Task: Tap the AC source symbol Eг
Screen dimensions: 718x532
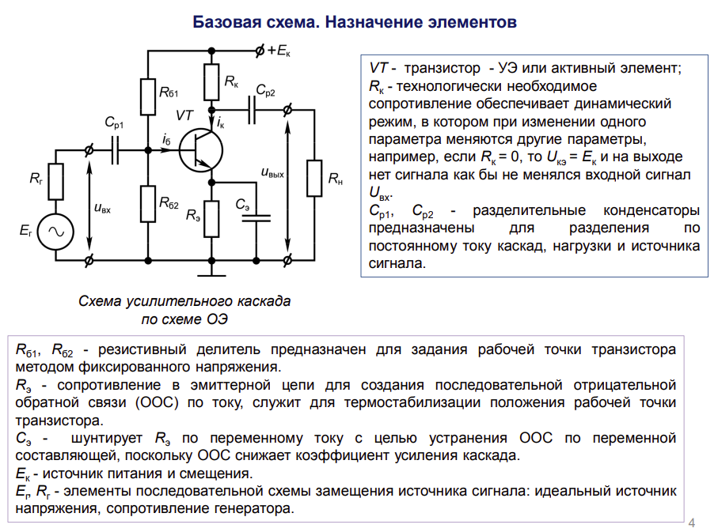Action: point(55,232)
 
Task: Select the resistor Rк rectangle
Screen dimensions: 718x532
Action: point(211,82)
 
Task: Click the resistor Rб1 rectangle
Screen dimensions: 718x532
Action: point(148,96)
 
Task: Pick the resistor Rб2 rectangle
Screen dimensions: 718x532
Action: point(148,204)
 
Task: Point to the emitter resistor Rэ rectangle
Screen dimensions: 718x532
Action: point(211,219)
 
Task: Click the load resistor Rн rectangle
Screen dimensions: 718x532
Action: point(314,179)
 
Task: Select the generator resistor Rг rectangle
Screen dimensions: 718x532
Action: point(55,182)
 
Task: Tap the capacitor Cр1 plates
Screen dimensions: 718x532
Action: point(115,150)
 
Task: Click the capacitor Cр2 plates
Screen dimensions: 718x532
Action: point(252,110)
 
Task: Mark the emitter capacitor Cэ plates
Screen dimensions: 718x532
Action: point(256,217)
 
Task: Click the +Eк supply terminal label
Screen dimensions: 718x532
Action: point(278,51)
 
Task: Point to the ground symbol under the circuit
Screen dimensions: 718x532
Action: point(211,275)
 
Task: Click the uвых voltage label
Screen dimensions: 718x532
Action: point(272,173)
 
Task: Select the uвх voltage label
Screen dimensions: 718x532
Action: point(102,208)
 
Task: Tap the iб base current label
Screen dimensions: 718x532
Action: point(166,139)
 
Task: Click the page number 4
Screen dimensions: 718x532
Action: point(691,523)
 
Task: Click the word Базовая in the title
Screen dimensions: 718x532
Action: point(224,22)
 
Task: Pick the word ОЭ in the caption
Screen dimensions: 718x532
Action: point(216,319)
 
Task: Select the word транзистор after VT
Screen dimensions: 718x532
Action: point(442,68)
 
